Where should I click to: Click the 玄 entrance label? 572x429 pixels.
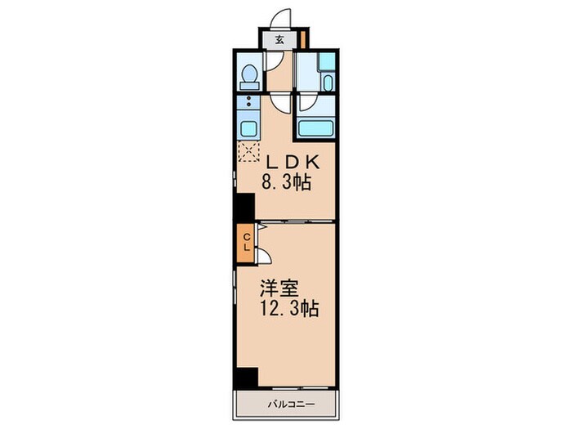click(x=279, y=39)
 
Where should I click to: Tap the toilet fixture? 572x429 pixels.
click(x=249, y=76)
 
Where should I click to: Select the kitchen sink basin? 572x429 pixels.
click(x=248, y=129)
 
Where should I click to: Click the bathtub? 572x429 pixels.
click(x=315, y=127)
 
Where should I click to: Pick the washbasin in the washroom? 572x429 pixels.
click(x=327, y=83)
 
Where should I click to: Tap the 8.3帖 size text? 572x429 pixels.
click(x=286, y=183)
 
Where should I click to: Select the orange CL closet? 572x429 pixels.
click(x=245, y=242)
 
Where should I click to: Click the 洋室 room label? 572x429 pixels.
click(x=279, y=288)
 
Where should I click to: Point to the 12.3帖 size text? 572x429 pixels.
click(x=289, y=310)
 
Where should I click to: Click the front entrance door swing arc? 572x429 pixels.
click(x=279, y=18)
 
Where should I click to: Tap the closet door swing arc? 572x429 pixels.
click(x=266, y=256)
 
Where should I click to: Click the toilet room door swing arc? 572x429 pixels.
click(x=279, y=61)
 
